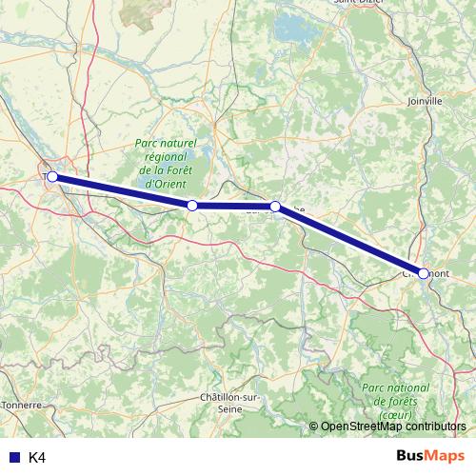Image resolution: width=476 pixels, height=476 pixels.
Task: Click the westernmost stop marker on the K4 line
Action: (x=52, y=176)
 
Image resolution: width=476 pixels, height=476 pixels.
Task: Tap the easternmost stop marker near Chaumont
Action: (x=424, y=273)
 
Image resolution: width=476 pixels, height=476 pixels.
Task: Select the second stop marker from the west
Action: (x=192, y=206)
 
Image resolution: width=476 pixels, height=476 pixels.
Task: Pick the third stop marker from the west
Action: (x=275, y=206)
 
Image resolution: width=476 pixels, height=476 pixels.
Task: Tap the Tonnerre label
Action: (x=21, y=405)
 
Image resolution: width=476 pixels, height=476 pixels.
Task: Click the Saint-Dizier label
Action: (x=357, y=3)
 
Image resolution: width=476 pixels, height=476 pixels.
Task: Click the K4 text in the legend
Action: (x=37, y=457)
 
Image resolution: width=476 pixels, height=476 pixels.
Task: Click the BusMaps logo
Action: (x=430, y=456)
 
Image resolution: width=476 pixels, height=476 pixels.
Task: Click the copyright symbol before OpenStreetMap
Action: (x=313, y=426)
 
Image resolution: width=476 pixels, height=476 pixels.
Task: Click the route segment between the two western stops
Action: (x=122, y=190)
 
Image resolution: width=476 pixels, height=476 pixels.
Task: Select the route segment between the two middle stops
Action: (x=233, y=206)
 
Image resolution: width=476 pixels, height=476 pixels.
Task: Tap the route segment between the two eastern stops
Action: (x=349, y=240)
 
